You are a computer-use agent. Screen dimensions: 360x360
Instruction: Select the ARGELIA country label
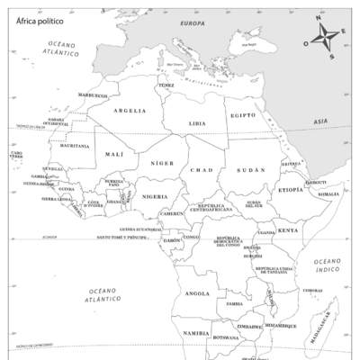(x=130, y=111)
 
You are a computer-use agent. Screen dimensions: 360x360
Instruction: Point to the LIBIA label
(x=197, y=122)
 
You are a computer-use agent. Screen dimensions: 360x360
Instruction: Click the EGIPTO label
(x=242, y=115)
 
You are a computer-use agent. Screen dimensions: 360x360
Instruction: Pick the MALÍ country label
(x=114, y=154)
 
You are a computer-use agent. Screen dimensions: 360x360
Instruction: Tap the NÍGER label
(x=162, y=163)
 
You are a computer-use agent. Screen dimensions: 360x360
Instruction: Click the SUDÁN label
(x=251, y=170)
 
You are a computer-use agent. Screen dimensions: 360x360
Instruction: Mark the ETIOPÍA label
(x=291, y=190)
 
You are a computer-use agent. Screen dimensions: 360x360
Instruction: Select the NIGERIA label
(x=155, y=196)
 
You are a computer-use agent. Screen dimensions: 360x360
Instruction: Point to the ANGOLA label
(x=197, y=293)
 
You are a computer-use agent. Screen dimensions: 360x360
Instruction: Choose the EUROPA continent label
(x=193, y=22)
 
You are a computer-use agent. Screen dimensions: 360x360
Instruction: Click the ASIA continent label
(x=320, y=121)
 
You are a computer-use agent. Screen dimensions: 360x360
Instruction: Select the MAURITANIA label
(x=75, y=145)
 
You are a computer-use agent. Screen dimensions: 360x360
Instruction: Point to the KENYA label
(x=287, y=230)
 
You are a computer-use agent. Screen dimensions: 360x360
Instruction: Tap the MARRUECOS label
(x=93, y=94)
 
